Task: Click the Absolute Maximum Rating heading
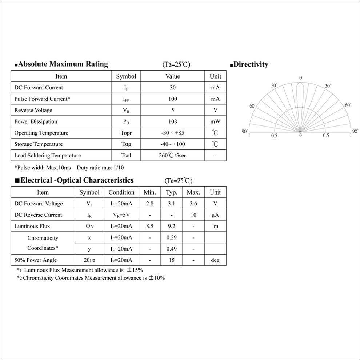(63, 64)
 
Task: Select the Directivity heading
(251, 65)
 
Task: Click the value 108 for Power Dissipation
(173, 121)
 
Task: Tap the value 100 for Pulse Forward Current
(173, 99)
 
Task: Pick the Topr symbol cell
(126, 133)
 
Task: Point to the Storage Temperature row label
(39, 144)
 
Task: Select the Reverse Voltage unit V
(215, 110)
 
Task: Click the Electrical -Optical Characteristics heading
(77, 180)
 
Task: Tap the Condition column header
(121, 192)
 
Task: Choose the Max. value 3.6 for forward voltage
(193, 204)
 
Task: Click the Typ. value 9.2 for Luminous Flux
(172, 226)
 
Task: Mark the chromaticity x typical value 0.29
(172, 238)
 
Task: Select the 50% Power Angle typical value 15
(172, 260)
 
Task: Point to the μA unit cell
(215, 215)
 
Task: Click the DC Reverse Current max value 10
(193, 215)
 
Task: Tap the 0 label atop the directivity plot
(300, 78)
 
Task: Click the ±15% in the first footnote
(135, 270)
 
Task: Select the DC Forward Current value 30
(173, 88)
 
